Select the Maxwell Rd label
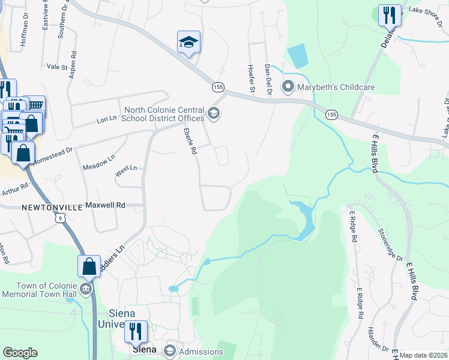(105, 205)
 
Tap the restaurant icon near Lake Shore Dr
(390, 15)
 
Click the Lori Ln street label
(106, 120)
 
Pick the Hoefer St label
(252, 79)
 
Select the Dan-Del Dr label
(268, 80)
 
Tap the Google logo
(20, 353)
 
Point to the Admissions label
(201, 350)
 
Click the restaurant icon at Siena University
(136, 331)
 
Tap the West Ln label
(126, 172)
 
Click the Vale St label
(57, 67)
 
